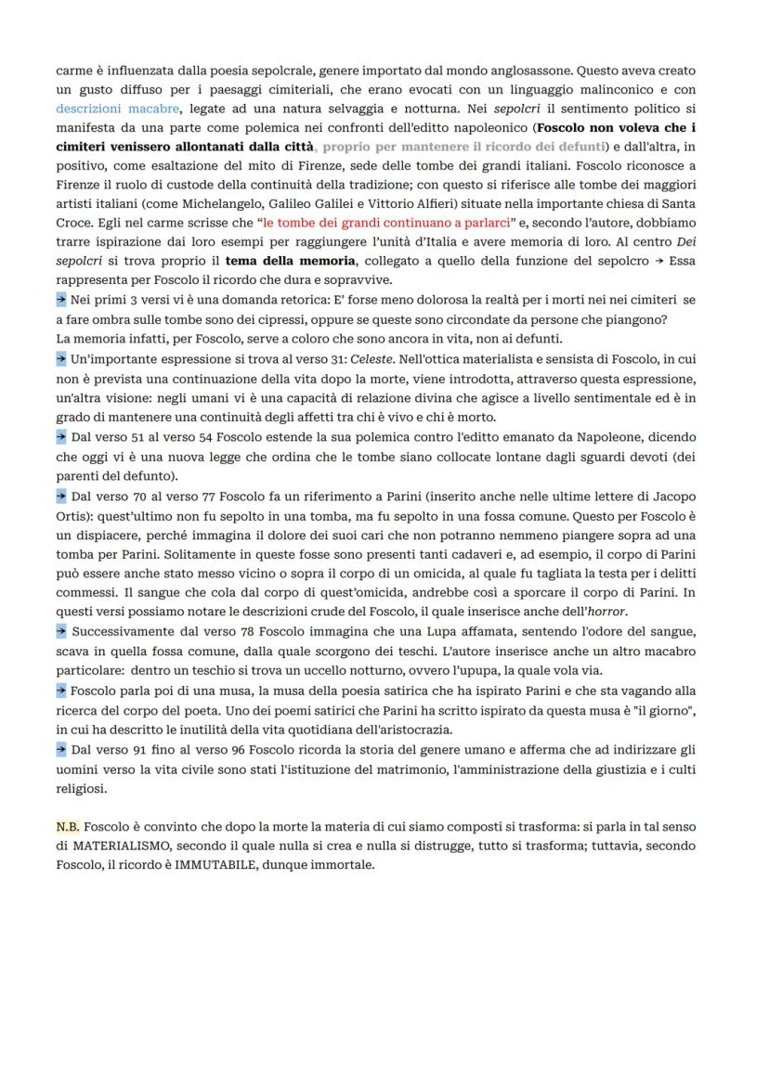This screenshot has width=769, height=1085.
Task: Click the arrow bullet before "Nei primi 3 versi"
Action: coord(61,300)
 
